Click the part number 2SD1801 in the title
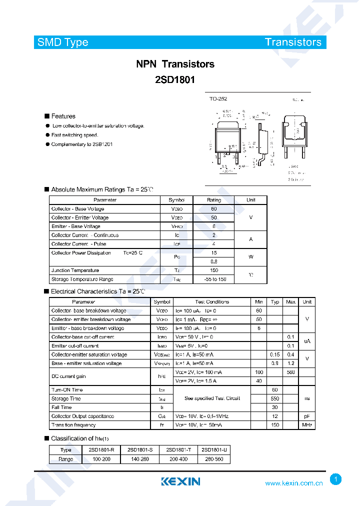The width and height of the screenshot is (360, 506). [x=175, y=79]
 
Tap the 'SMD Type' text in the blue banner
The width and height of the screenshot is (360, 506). [x=63, y=42]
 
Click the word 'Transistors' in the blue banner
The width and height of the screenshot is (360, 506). [x=293, y=42]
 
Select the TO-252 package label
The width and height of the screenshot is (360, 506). [x=218, y=99]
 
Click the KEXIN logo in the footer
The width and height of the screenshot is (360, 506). [x=180, y=481]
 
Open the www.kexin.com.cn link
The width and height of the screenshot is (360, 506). [x=293, y=483]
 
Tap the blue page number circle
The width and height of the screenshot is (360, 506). [x=336, y=479]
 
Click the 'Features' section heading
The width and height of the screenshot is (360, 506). [x=63, y=116]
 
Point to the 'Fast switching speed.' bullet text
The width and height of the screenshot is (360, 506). [x=74, y=135]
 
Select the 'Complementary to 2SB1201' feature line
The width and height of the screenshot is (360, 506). [x=82, y=144]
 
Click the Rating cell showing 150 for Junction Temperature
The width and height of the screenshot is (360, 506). [x=214, y=270]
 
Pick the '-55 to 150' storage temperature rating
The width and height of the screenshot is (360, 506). [x=214, y=279]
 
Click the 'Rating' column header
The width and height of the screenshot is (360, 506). [x=214, y=200]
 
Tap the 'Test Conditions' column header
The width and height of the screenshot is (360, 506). [x=212, y=302]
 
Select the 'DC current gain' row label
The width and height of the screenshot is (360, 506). [x=68, y=376]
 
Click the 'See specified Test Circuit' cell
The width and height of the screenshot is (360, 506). [x=212, y=398]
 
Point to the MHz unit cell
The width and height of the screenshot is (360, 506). [x=307, y=425]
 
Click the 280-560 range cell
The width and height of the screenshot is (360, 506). [x=214, y=459]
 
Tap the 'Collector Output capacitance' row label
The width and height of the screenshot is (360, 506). [x=82, y=416]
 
